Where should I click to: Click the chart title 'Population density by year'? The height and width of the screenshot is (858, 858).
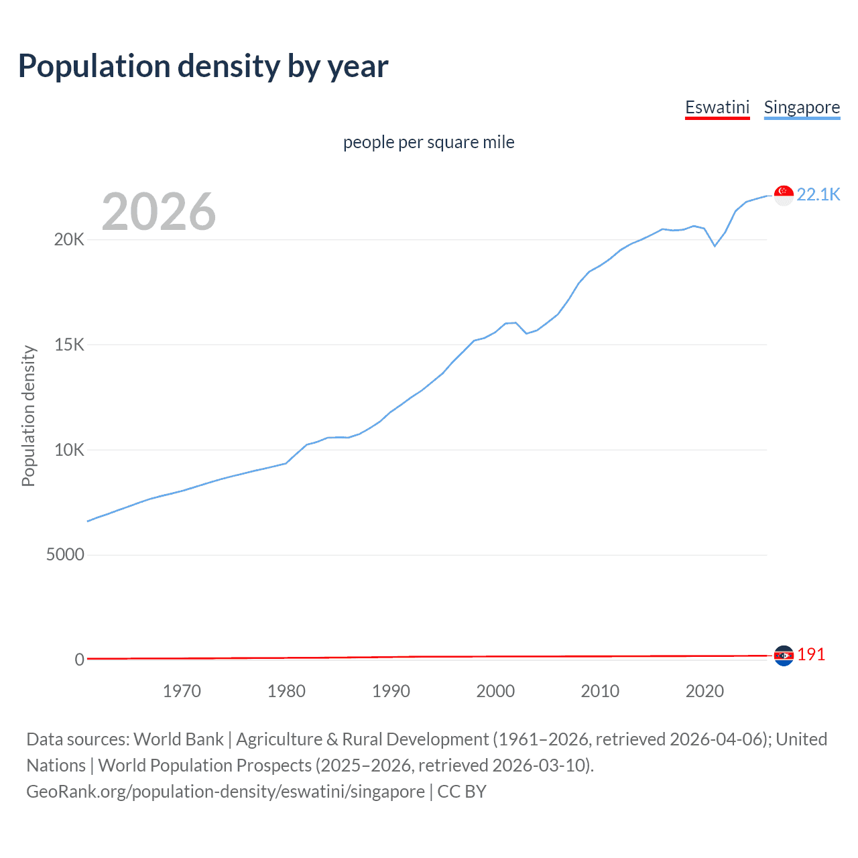tap(203, 66)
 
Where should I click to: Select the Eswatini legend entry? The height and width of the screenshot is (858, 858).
tap(717, 107)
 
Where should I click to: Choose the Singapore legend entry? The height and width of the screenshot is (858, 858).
tap(802, 107)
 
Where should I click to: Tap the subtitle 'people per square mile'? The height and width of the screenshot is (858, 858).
tap(428, 142)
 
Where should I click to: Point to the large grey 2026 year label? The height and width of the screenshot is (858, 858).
tap(159, 212)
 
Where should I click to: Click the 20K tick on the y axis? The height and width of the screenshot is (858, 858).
tap(69, 240)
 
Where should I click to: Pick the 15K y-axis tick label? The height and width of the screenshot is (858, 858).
tap(69, 345)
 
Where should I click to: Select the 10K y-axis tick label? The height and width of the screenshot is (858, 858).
tap(69, 450)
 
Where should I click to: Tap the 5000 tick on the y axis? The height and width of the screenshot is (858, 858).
tap(65, 555)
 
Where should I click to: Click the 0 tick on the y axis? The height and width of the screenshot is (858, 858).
tap(80, 660)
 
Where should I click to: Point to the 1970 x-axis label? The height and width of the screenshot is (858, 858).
tap(182, 691)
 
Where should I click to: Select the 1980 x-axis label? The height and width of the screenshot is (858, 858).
tap(286, 691)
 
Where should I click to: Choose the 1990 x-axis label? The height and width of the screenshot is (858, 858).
tap(391, 691)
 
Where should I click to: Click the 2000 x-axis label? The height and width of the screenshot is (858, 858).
tap(495, 691)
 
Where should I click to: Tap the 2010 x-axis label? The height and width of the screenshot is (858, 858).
tap(600, 691)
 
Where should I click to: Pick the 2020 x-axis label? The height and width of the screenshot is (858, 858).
tap(704, 691)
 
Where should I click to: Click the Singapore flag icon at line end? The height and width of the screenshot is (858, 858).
tap(784, 195)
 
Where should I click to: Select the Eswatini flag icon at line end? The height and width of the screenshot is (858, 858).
tap(784, 656)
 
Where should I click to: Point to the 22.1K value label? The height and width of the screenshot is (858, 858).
tap(818, 194)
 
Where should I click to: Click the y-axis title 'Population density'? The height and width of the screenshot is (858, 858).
tap(28, 416)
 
